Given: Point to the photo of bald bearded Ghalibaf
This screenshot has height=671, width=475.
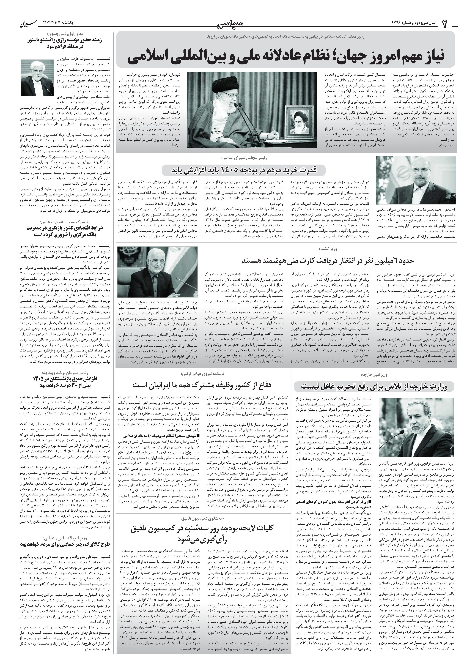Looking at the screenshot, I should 415,180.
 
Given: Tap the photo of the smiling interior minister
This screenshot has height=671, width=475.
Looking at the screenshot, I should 157,272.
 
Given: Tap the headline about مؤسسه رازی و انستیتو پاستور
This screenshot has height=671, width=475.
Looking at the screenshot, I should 63,44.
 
